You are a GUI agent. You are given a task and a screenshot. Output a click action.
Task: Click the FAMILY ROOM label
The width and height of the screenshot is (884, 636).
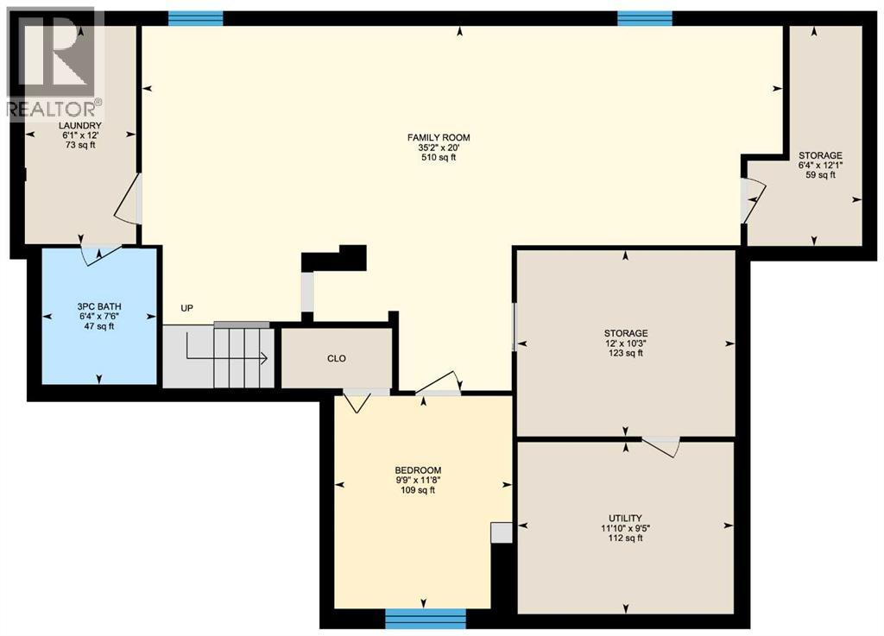point(439,137)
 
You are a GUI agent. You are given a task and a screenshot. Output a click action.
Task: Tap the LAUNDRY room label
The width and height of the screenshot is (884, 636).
point(80,126)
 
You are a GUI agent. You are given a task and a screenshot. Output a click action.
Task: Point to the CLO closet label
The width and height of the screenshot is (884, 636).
point(337,358)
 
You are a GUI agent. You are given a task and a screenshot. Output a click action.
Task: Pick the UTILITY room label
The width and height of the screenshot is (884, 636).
point(624,518)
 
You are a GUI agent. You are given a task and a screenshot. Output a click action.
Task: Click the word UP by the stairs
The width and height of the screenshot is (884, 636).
point(186,308)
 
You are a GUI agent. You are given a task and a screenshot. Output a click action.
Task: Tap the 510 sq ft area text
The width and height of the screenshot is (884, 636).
point(439,157)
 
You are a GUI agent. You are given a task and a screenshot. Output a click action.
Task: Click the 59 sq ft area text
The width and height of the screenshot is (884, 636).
point(820,175)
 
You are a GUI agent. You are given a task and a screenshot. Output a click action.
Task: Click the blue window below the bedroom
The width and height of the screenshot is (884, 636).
point(425,618)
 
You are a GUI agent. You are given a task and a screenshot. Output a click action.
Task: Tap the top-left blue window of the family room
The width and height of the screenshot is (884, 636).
point(195,17)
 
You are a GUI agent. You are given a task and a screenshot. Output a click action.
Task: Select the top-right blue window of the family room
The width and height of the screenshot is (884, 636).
point(645,17)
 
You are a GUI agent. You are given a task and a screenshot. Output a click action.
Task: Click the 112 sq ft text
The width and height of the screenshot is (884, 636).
point(624,538)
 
